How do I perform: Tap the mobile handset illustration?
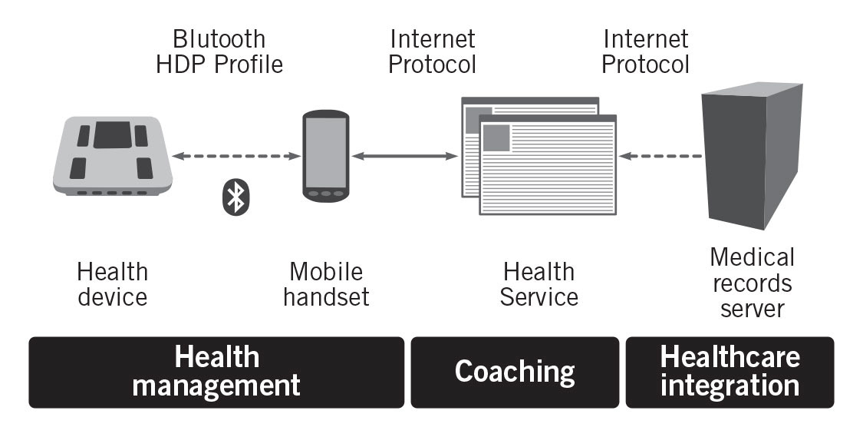pyautogui.click(x=325, y=157)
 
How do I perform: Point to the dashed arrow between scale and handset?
pyautogui.click(x=236, y=157)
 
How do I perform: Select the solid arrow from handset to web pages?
pyautogui.click(x=404, y=157)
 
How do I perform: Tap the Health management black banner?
pyautogui.click(x=216, y=372)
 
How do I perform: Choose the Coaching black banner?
pyautogui.click(x=515, y=372)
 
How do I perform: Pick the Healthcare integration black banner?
pyautogui.click(x=730, y=372)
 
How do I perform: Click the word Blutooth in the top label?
pyautogui.click(x=219, y=38)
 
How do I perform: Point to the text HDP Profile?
pyautogui.click(x=219, y=65)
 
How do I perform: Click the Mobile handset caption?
pyautogui.click(x=326, y=283)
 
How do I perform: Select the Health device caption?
pyautogui.click(x=112, y=283)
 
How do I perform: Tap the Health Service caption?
pyautogui.click(x=539, y=283)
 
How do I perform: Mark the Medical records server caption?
pyautogui.click(x=752, y=283)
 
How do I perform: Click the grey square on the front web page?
pyautogui.click(x=496, y=137)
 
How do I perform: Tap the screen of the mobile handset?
pyautogui.click(x=325, y=151)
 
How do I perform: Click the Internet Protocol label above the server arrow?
pyautogui.click(x=646, y=51)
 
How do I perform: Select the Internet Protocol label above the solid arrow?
pyautogui.click(x=432, y=51)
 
